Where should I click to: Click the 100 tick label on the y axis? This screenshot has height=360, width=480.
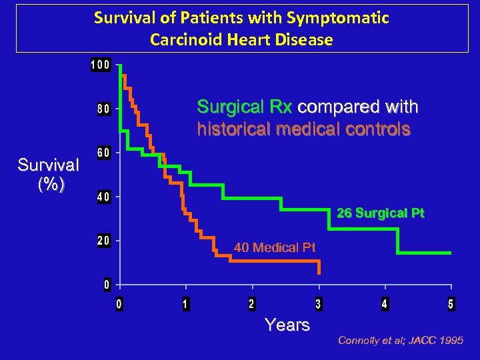pyautogui.click(x=101, y=65)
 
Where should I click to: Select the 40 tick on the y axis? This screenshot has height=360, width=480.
pyautogui.click(x=103, y=197)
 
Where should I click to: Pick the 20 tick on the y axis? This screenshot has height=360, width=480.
pyautogui.click(x=103, y=241)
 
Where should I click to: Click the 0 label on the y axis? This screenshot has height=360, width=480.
pyautogui.click(x=107, y=285)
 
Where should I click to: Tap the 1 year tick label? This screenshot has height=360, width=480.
pyautogui.click(x=185, y=305)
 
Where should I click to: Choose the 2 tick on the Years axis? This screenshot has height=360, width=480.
pyautogui.click(x=251, y=305)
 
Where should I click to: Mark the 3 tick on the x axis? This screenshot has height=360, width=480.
pyautogui.click(x=318, y=305)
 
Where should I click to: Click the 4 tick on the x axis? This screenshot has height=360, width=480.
pyautogui.click(x=385, y=305)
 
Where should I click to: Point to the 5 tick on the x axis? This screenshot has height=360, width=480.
pyautogui.click(x=451, y=305)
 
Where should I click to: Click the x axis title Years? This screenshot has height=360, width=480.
pyautogui.click(x=287, y=325)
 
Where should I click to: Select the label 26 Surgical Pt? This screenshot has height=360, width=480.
pyautogui.click(x=380, y=214)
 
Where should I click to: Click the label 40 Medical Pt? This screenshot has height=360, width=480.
pyautogui.click(x=275, y=248)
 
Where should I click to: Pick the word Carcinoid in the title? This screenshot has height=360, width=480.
pyautogui.click(x=181, y=40)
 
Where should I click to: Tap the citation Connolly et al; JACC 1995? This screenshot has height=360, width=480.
pyautogui.click(x=400, y=341)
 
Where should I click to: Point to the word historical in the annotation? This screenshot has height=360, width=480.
pyautogui.click(x=228, y=129)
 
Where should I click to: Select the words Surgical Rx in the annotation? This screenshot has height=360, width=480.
pyautogui.click(x=245, y=107)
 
